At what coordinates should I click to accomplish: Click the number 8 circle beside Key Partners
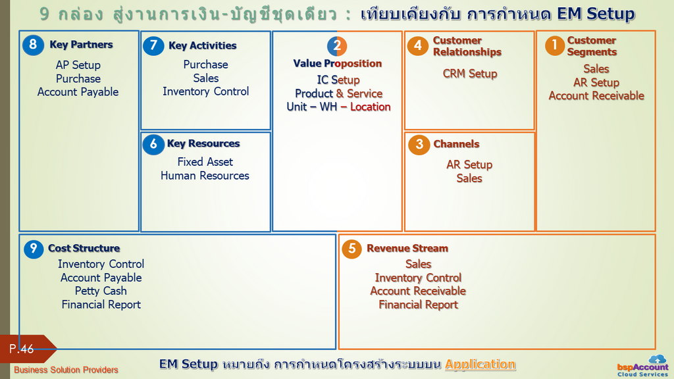pos(33,45)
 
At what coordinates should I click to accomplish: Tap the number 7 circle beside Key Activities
pos(153,45)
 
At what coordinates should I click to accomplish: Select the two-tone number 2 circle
pos(337,46)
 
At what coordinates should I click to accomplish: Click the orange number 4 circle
pos(418,46)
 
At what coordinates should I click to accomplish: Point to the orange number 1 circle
pos(554,45)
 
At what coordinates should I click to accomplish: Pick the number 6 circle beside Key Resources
pos(153,144)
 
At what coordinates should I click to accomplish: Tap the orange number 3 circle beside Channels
pos(419,144)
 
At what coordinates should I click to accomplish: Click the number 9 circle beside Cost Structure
pos(34,249)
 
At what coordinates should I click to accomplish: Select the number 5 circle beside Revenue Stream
pos(351,249)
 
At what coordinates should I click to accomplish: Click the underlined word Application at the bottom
pos(480,364)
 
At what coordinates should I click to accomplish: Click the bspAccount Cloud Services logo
pos(643,366)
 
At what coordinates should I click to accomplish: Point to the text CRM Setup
pos(470,74)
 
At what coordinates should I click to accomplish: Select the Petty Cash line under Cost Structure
pos(101,291)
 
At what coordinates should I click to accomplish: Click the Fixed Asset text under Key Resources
pos(205,162)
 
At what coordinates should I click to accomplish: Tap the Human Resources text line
pos(205,175)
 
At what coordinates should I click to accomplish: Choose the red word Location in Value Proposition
pos(371,107)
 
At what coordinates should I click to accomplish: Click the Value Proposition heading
pos(338,63)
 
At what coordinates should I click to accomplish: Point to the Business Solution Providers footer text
pos(66,370)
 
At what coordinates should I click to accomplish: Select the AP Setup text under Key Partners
pos(78,65)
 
